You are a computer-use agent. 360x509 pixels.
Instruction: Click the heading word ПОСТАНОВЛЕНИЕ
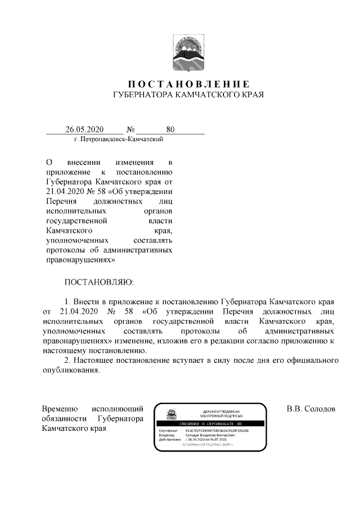(x=180, y=84)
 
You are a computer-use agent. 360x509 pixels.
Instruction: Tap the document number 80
(x=170, y=129)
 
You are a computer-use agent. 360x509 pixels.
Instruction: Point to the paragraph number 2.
(x=68, y=360)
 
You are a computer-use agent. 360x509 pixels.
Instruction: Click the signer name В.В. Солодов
(x=310, y=408)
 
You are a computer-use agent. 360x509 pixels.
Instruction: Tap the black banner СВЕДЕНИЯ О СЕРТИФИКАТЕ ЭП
(x=216, y=423)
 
